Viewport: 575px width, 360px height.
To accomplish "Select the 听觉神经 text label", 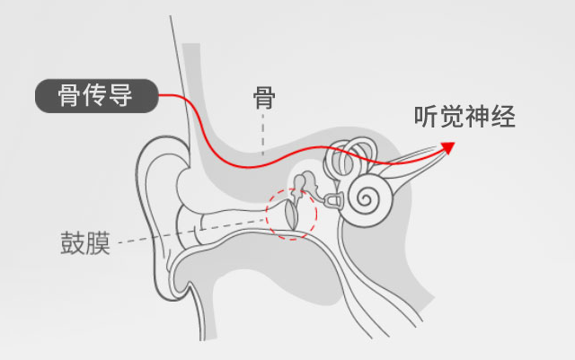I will click(x=464, y=117).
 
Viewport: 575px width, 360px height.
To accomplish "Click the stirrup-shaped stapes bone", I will click(x=334, y=196).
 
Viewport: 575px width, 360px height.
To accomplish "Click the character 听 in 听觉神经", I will click(x=426, y=117).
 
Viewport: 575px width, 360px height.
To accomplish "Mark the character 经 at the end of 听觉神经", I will click(x=504, y=117).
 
